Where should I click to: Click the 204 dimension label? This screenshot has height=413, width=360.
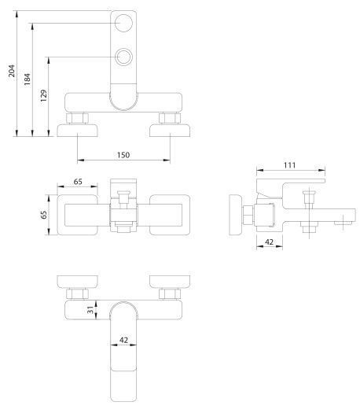click(12, 71)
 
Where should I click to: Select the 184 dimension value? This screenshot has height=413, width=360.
click(27, 79)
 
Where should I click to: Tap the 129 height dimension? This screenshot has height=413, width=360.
click(43, 96)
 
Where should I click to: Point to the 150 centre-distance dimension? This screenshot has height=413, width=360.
click(123, 155)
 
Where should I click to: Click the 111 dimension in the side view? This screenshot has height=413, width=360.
click(289, 165)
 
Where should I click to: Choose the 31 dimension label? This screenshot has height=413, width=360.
click(90, 310)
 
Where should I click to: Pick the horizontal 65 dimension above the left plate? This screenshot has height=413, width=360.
click(78, 182)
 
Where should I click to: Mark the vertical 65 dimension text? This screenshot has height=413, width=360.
click(44, 215)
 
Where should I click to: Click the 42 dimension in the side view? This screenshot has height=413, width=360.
click(269, 242)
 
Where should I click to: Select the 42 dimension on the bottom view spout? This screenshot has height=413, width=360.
click(123, 340)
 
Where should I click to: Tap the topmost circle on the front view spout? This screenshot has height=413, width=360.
click(123, 23)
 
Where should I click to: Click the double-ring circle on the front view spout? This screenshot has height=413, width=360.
click(123, 57)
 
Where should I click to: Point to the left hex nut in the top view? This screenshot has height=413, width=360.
click(77, 118)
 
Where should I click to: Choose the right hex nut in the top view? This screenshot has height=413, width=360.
click(170, 118)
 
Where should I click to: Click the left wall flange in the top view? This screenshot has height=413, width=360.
click(77, 131)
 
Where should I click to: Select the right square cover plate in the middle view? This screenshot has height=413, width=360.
click(170, 215)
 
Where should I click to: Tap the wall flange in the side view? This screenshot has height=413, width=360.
click(236, 215)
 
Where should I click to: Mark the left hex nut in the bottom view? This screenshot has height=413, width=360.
click(77, 294)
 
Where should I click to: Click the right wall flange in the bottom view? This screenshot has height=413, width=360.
click(170, 282)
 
